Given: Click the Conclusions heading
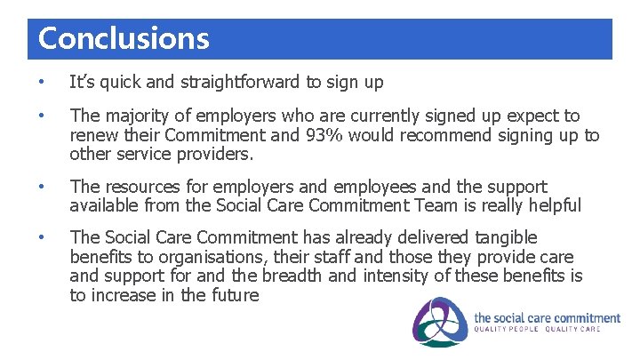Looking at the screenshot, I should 124,39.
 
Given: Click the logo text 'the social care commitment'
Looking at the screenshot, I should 547,317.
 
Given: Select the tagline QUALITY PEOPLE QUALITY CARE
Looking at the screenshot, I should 537,330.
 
